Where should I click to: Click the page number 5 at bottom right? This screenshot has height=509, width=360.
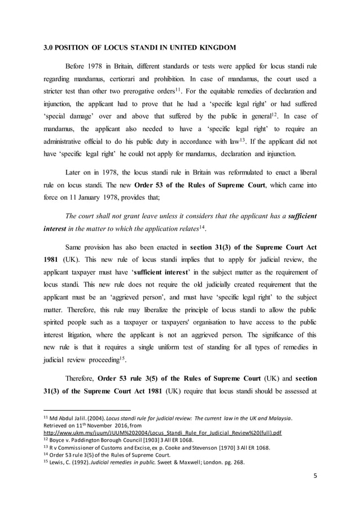tap(315, 476)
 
